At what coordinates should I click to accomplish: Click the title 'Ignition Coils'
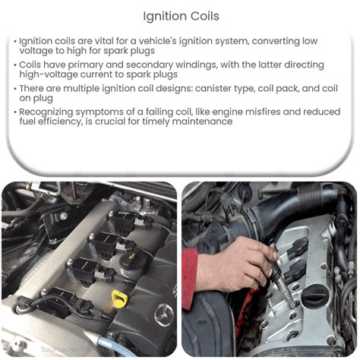[180, 14]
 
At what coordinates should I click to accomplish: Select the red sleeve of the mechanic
[189, 278]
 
